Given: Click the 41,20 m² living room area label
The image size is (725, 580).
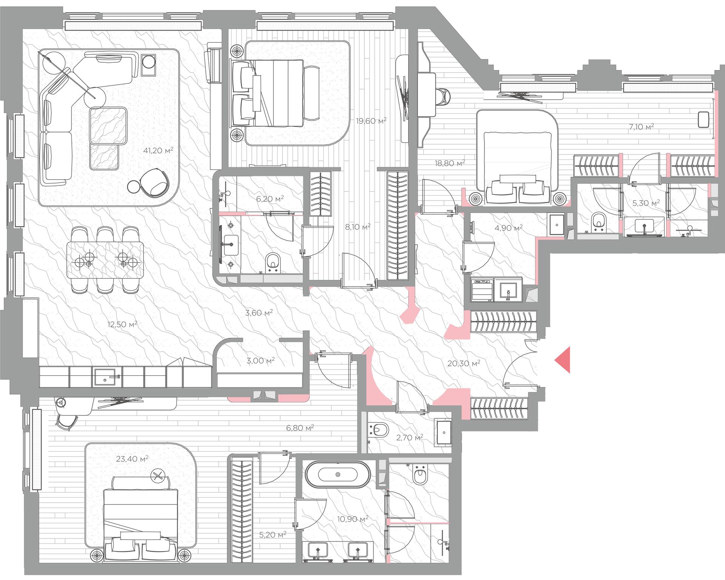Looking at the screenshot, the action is tap(158, 150).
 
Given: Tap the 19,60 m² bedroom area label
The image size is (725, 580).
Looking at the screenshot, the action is tap(372, 121).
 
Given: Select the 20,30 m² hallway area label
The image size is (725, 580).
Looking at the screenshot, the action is tap(464, 363).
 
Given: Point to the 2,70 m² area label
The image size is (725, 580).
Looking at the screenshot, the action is tap(409, 438).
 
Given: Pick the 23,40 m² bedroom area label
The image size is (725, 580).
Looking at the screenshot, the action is tap(132, 459).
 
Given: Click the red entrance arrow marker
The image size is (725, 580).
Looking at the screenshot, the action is tap(562, 360).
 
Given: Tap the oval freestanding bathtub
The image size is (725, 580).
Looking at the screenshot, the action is tap(338, 474).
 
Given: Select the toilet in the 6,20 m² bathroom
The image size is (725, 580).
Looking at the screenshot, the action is tap(273, 262).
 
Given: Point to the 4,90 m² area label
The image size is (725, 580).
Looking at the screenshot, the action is tap(508, 228).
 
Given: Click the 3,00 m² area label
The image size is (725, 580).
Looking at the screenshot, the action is tap(261, 361).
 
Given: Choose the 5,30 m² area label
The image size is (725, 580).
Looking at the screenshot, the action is tap(646, 203).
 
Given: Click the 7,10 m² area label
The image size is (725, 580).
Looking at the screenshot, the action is tap(641, 127).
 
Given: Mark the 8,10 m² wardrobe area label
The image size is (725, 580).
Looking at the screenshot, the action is tap(358, 227).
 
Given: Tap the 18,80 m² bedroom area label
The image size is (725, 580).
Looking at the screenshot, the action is tap(450, 163).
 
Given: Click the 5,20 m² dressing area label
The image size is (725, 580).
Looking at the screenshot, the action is tap(273, 535).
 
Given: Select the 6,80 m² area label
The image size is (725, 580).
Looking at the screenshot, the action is tap(300, 428).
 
